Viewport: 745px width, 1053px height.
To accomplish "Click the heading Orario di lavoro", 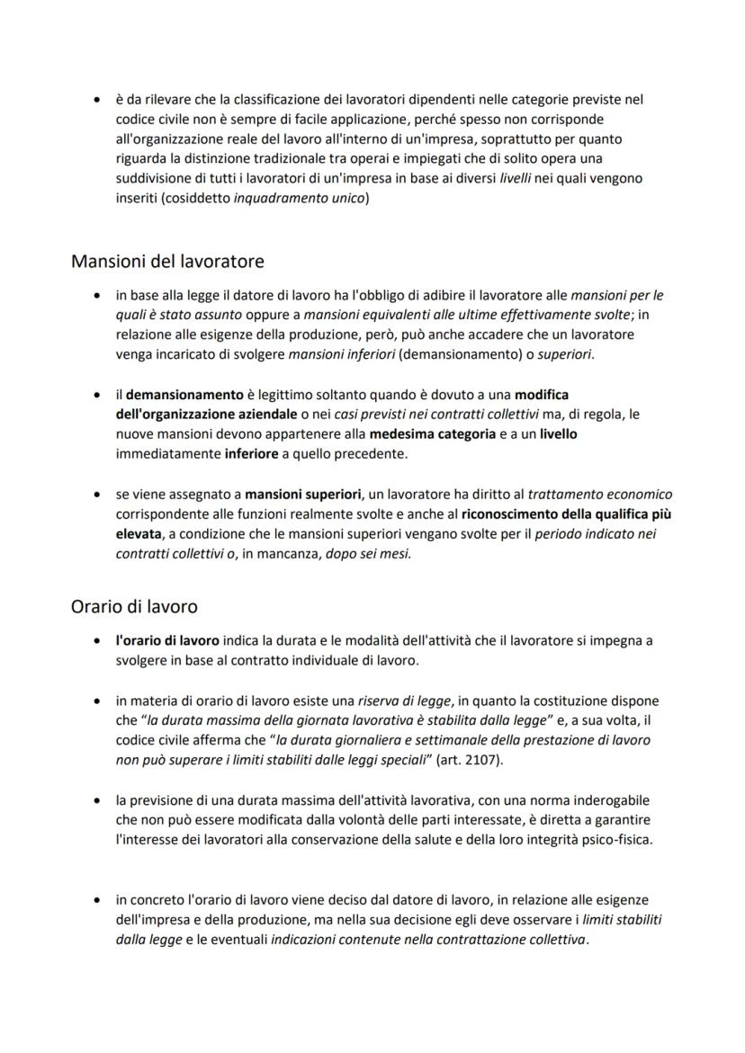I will (134, 606).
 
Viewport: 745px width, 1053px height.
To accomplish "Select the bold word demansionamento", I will (184, 394).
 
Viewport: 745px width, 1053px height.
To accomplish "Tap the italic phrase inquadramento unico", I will (300, 198).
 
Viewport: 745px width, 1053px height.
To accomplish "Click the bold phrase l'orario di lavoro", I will (168, 640).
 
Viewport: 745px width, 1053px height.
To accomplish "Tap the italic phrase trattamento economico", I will (599, 494).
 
